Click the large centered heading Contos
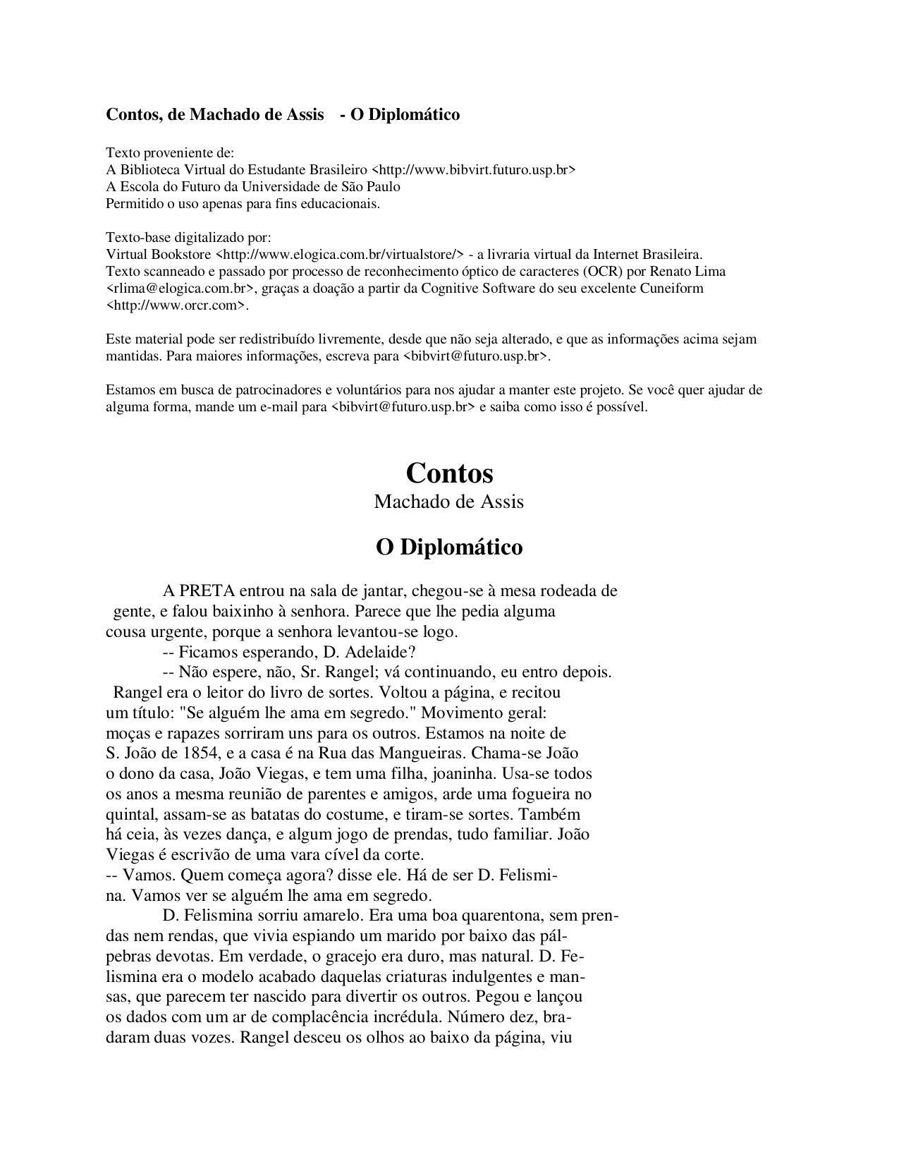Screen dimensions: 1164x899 click(x=449, y=473)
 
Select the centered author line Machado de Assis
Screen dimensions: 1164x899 click(x=449, y=502)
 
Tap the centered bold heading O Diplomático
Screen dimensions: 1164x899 click(x=449, y=547)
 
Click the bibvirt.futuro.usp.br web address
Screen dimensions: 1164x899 click(x=473, y=170)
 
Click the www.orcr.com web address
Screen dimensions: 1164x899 click(x=176, y=305)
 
